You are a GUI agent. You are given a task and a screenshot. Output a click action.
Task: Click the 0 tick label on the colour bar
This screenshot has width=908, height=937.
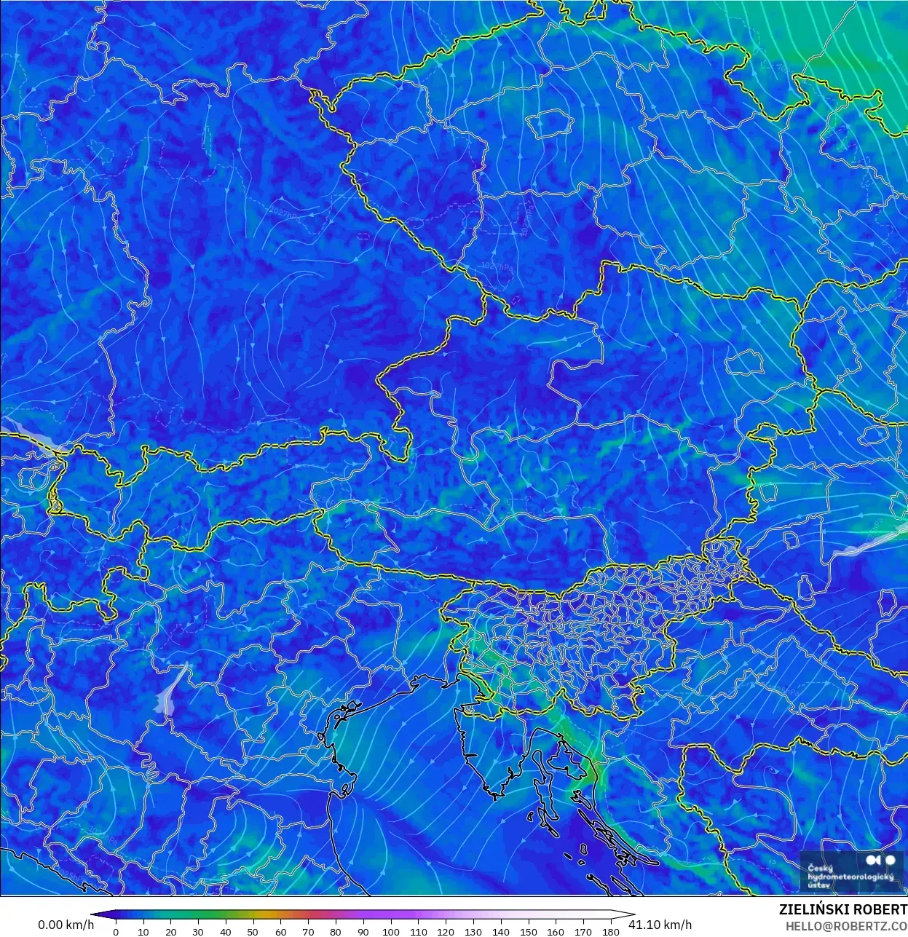tap(116, 931)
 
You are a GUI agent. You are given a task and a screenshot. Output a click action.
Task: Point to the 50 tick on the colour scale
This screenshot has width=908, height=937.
tap(253, 931)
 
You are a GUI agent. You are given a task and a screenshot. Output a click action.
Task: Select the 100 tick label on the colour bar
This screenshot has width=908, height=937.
tap(390, 931)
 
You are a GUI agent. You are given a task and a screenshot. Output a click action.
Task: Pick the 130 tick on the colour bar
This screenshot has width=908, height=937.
tap(473, 931)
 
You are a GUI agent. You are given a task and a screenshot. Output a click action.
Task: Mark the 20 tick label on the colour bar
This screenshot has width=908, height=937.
tap(170, 931)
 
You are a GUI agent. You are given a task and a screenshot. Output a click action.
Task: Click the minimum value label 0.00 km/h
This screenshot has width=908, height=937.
tap(66, 925)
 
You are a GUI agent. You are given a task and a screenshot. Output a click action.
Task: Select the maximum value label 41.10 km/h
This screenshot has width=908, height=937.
tap(660, 925)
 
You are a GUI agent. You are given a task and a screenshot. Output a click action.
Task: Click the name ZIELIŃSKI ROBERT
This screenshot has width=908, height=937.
tap(842, 910)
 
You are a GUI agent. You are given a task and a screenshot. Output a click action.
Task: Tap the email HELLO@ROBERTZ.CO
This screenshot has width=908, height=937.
tap(846, 926)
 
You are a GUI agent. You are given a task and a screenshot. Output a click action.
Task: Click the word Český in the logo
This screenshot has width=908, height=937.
tap(821, 868)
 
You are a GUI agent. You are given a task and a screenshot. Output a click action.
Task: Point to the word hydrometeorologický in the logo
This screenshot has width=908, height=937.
tap(850, 877)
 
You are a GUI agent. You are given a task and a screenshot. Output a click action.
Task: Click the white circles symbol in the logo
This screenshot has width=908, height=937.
tap(882, 861)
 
